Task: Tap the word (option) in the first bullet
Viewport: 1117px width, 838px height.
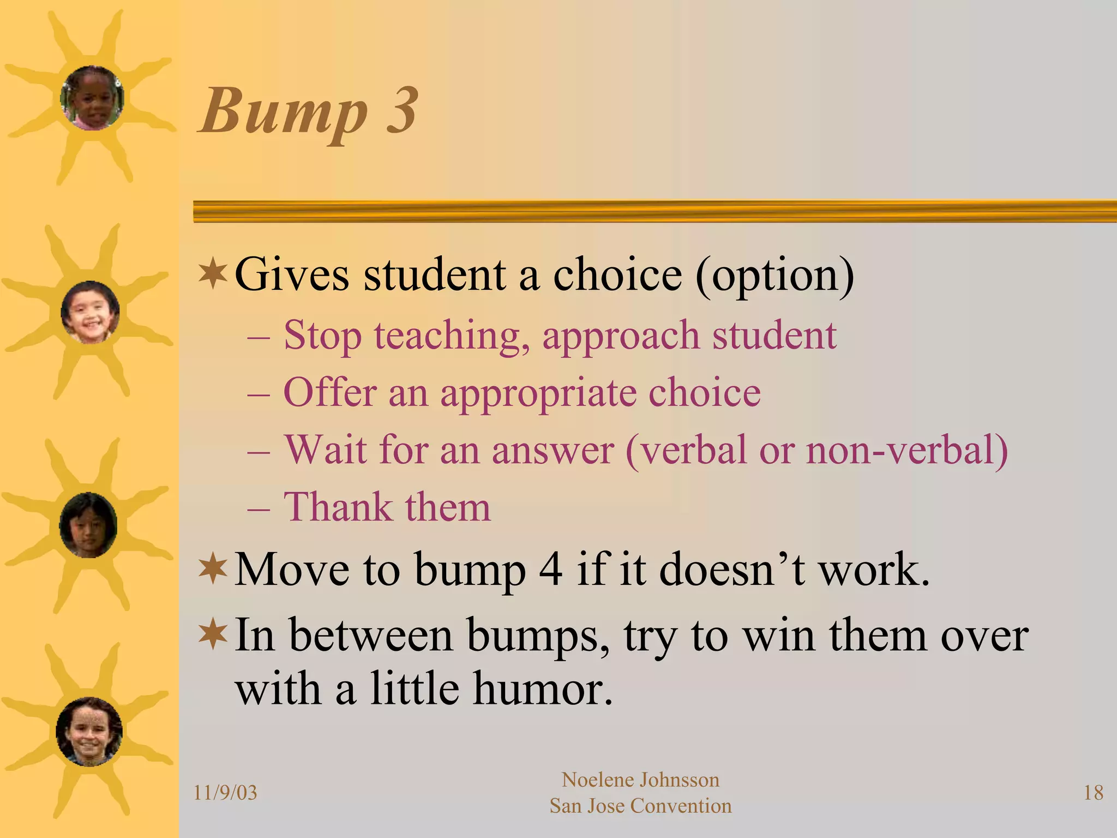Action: click(x=774, y=276)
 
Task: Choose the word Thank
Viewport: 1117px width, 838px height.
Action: click(x=338, y=507)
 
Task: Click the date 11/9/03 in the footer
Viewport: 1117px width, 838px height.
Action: click(x=225, y=793)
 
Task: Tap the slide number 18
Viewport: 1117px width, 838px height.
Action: click(x=1093, y=793)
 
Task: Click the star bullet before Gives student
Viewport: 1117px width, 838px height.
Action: click(x=213, y=274)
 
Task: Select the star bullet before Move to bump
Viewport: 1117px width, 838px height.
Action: click(x=213, y=569)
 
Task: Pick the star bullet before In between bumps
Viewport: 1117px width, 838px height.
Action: click(x=213, y=635)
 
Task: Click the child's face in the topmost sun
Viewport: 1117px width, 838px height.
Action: click(x=92, y=98)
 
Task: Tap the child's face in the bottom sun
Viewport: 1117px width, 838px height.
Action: click(x=89, y=732)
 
